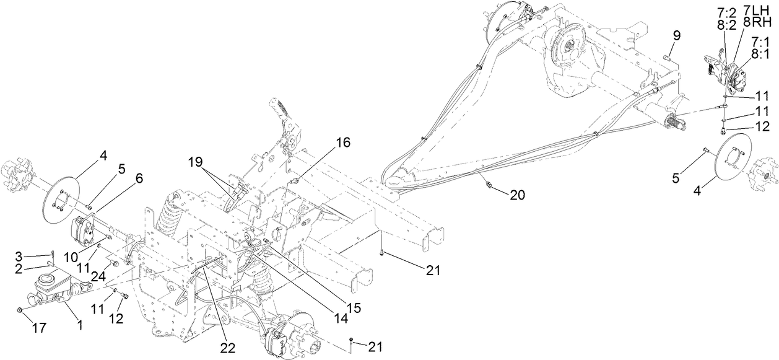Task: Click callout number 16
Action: pos(342,143)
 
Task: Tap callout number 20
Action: pos(518,195)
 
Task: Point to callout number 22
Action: pos(227,349)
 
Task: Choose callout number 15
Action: pos(353,306)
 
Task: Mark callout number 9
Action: pos(677,35)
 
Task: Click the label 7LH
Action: pos(759,12)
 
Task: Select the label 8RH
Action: pos(758,23)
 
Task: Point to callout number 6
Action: pos(139,178)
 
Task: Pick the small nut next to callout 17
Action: pos(20,309)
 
